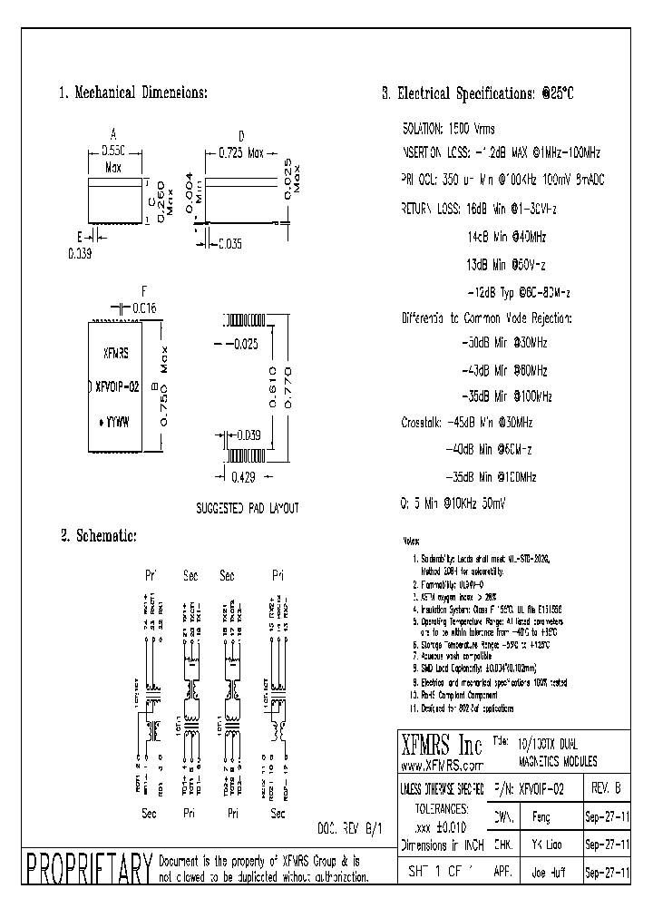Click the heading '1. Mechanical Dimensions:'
click(133, 93)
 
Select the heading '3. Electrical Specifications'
click(477, 93)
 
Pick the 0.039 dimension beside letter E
click(80, 255)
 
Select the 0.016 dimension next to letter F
click(143, 308)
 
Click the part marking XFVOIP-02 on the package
click(116, 386)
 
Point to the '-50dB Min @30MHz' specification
click(504, 344)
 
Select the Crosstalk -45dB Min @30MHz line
click(466, 423)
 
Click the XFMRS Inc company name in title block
click(442, 746)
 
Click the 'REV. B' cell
click(605, 789)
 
